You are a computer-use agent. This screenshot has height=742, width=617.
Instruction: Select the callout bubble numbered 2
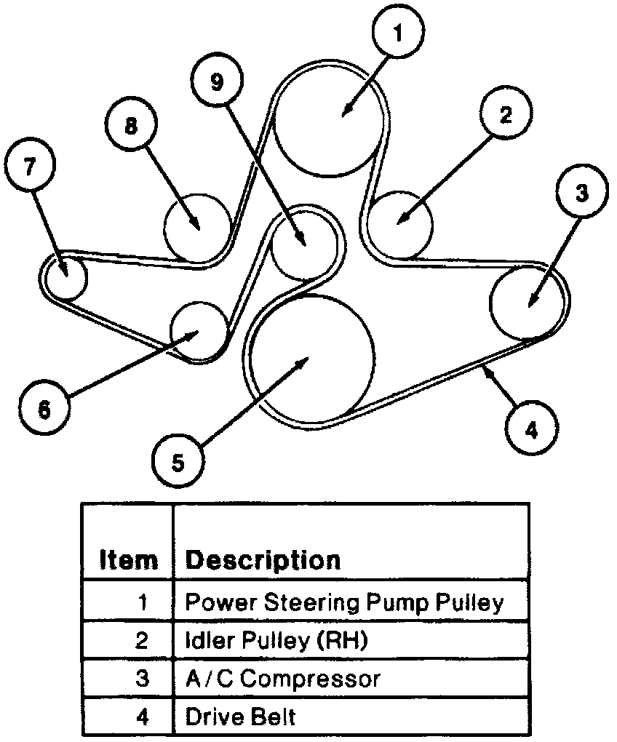click(506, 114)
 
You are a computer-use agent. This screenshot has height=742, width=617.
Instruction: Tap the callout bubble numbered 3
click(581, 194)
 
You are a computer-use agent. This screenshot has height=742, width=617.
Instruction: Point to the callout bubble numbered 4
click(532, 429)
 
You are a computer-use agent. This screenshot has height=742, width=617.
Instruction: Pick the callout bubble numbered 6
click(45, 410)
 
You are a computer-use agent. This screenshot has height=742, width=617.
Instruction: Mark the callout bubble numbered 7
click(29, 165)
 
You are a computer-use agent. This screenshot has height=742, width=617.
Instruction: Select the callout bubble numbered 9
click(216, 82)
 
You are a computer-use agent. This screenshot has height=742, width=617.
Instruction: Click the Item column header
click(128, 559)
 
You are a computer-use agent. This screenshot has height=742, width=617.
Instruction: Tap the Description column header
click(263, 559)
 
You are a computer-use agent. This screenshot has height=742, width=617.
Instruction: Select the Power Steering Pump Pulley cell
click(344, 602)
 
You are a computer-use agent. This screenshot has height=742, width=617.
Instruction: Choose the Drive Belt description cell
click(242, 717)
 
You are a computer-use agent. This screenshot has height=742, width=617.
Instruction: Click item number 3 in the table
click(143, 679)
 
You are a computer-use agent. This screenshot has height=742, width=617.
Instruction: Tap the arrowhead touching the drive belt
click(485, 372)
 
